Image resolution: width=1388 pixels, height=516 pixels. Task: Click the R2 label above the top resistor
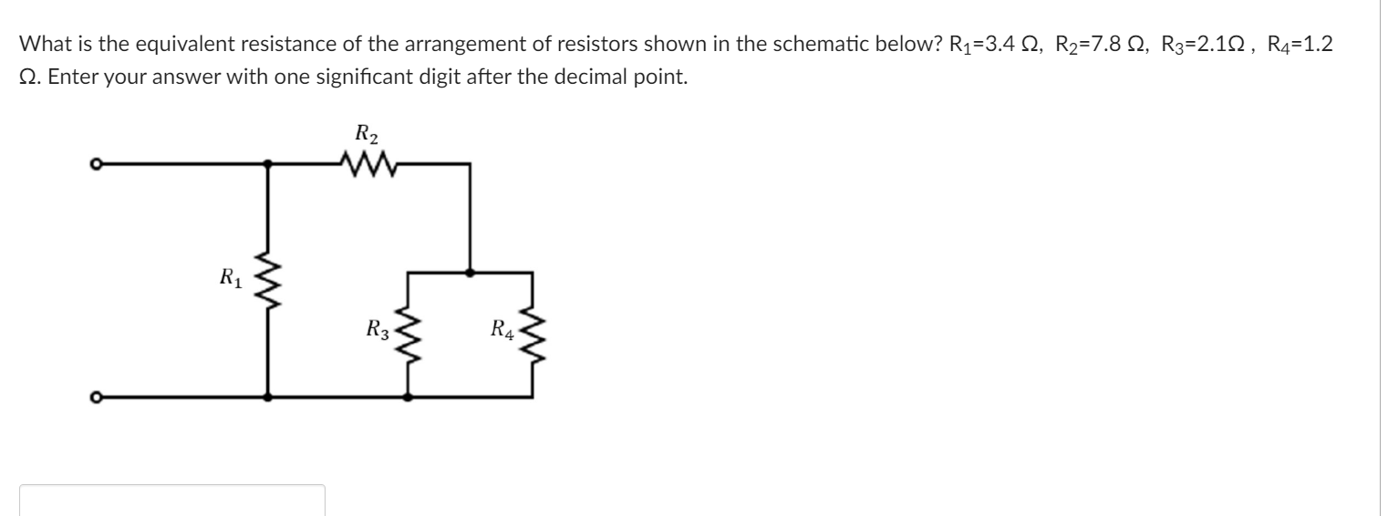[367, 135]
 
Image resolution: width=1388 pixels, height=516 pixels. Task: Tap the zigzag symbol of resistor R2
[367, 165]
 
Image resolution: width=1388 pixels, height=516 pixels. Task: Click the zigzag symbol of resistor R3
[408, 335]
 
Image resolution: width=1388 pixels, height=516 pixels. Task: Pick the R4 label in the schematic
[502, 329]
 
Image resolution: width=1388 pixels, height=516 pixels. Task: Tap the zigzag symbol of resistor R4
[533, 335]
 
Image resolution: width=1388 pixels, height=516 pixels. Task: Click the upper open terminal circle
[94, 165]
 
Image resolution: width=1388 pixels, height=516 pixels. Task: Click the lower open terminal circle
[94, 397]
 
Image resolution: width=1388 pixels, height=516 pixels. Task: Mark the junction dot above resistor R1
[267, 165]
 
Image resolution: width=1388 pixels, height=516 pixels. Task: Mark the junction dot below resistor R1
[267, 397]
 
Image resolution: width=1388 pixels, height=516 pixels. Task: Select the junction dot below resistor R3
[408, 397]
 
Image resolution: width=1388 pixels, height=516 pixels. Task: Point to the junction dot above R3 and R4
[470, 272]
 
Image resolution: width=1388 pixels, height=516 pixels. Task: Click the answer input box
[172, 501]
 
